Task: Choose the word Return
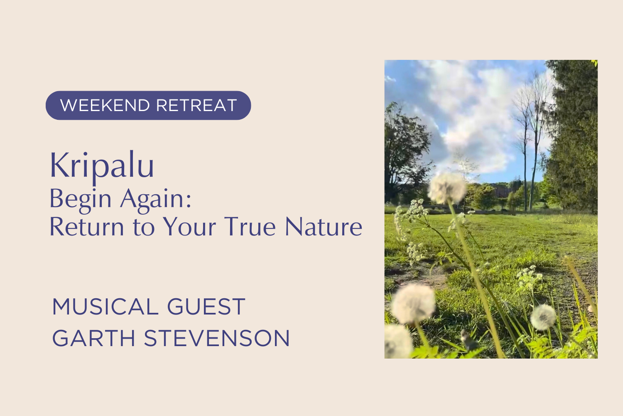click(x=87, y=227)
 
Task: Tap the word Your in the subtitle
click(x=189, y=227)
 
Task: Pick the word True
click(x=250, y=227)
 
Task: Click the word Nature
click(x=324, y=227)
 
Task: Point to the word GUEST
click(x=206, y=307)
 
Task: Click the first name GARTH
click(x=94, y=338)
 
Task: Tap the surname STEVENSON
click(x=217, y=338)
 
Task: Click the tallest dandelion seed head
click(x=447, y=188)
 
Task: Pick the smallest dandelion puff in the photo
click(x=543, y=317)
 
